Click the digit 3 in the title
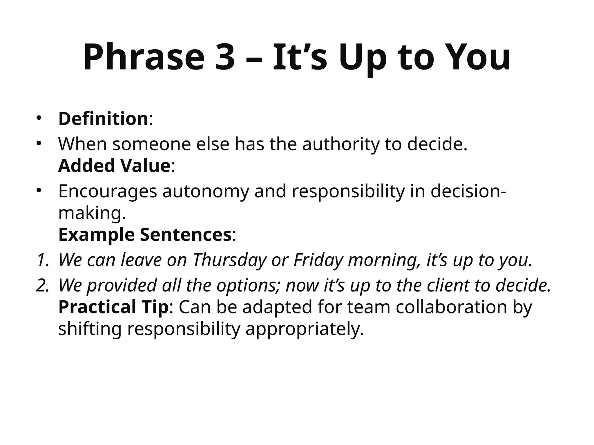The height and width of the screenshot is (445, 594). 225,57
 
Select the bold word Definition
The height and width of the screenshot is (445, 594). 103,119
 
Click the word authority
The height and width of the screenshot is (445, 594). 341,144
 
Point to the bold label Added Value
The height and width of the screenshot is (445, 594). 114,166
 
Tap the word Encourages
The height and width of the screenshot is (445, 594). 108,192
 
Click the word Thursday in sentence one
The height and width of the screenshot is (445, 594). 229,260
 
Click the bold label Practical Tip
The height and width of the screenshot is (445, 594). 113,307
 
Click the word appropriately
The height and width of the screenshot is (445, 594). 305,329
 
